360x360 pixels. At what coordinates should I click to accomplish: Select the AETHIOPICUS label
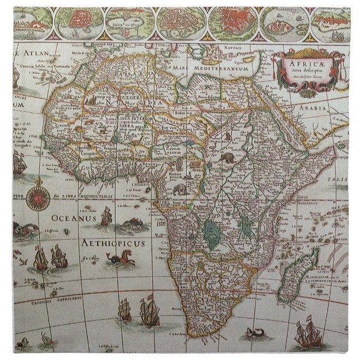click(112, 243)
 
